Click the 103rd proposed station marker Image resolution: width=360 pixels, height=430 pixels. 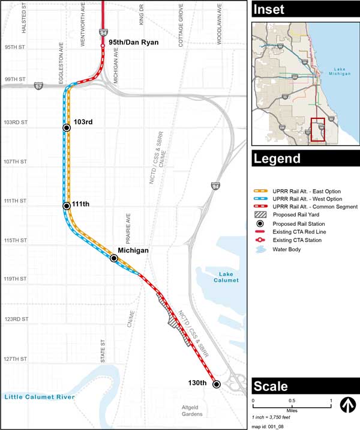coord(67,127)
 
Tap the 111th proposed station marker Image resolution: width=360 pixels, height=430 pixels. coord(67,206)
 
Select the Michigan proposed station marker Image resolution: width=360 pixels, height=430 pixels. coord(113,258)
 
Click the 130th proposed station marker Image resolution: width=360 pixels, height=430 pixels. coord(217,384)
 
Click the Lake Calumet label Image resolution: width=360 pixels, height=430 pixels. coord(225,277)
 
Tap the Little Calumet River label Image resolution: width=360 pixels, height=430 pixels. coord(39,397)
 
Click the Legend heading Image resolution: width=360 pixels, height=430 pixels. coord(275,159)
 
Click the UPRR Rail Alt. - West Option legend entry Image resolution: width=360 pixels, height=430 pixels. coord(307,198)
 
